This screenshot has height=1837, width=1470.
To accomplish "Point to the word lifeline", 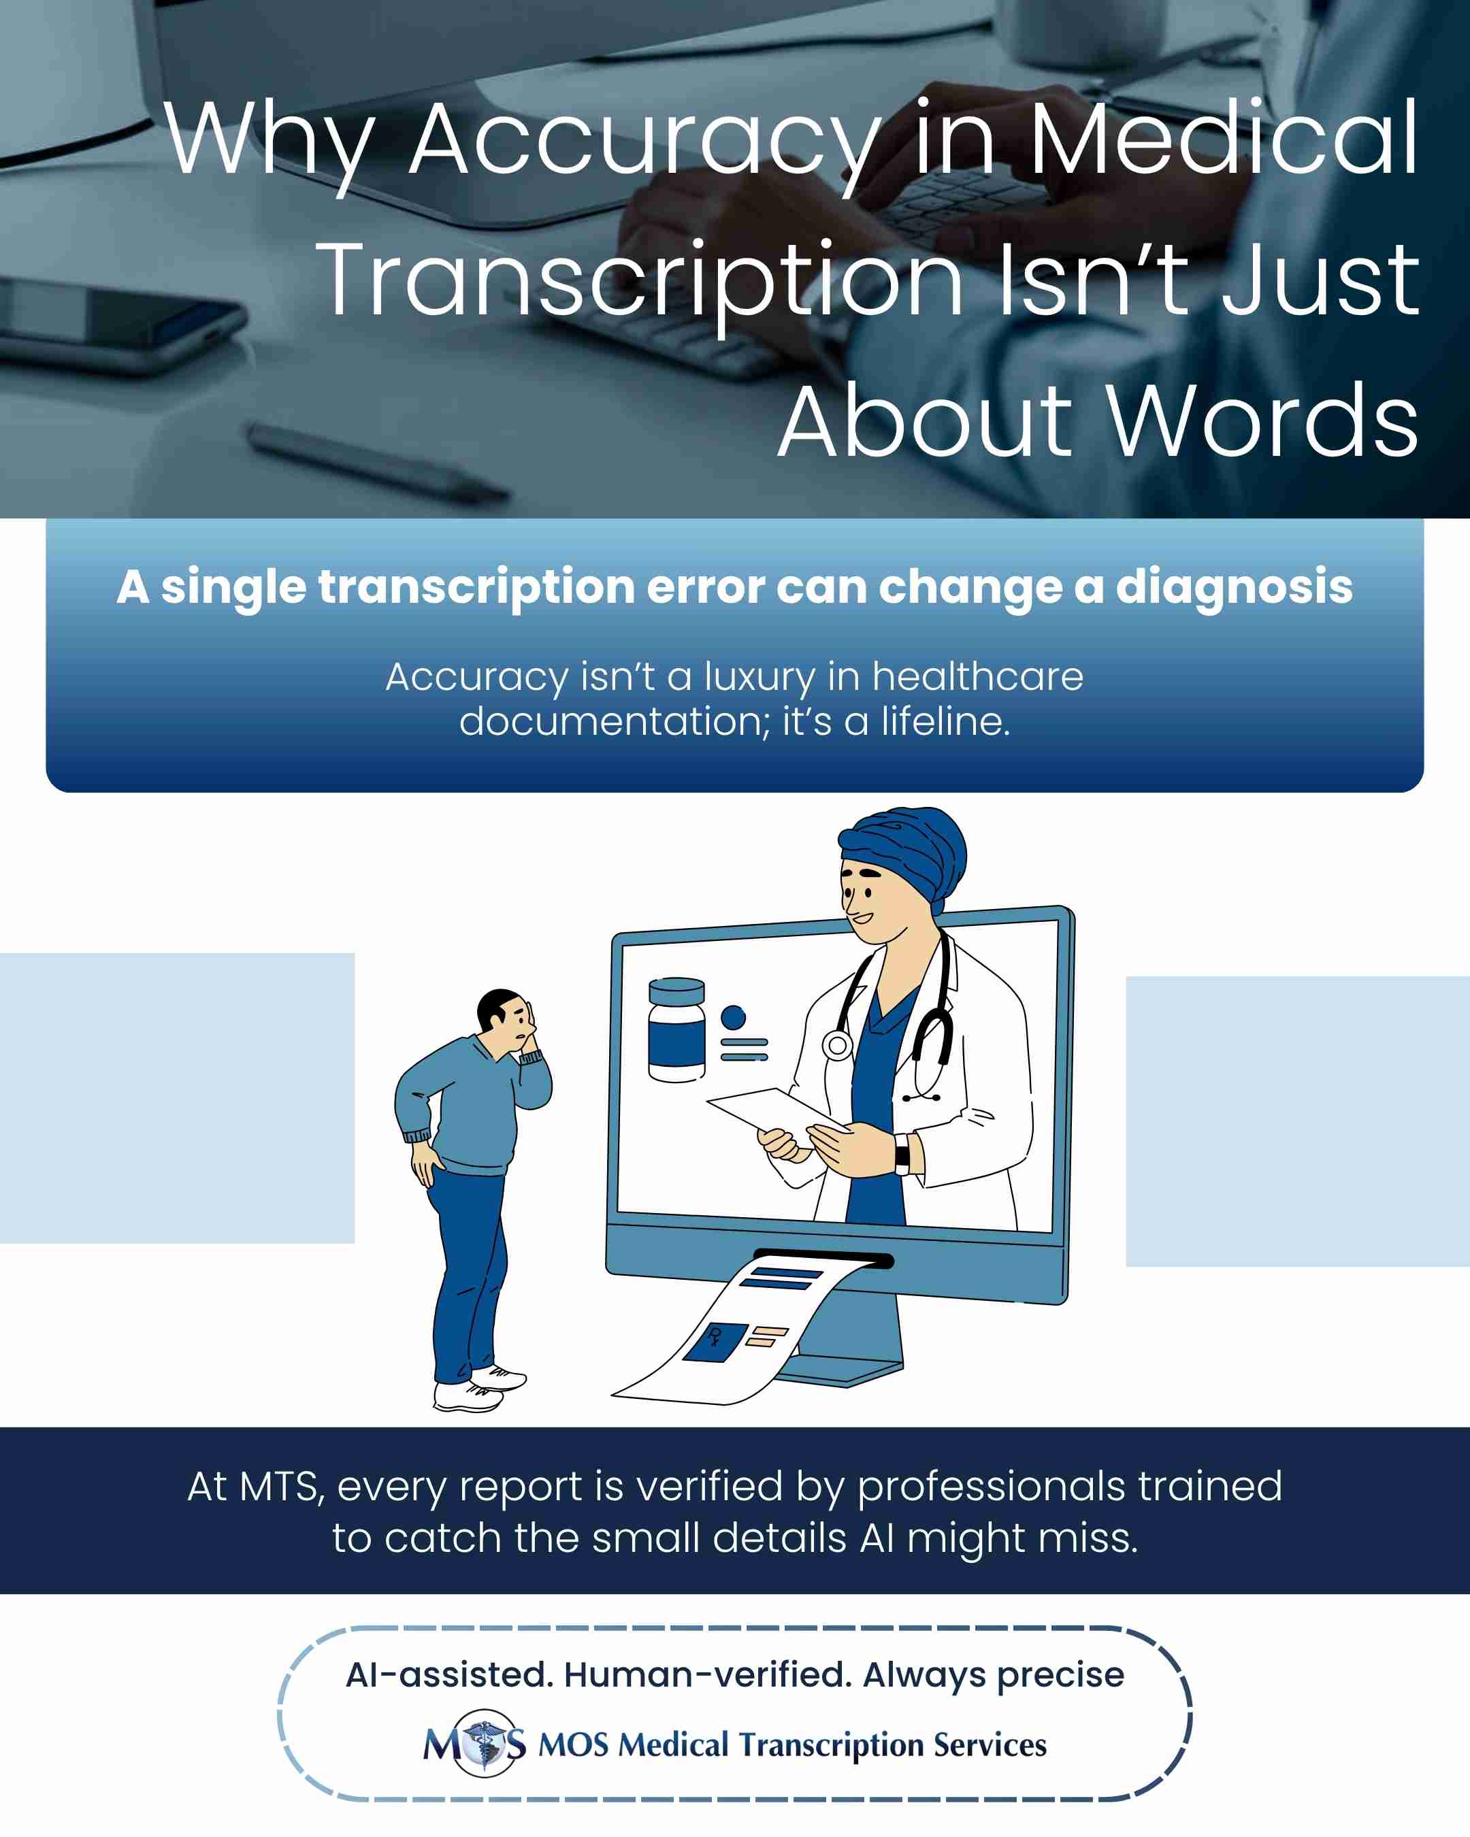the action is pyautogui.click(x=946, y=722).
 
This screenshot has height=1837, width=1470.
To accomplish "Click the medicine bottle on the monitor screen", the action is pyautogui.click(x=676, y=1029).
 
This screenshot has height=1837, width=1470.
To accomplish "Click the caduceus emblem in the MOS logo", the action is pyautogui.click(x=485, y=1743).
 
